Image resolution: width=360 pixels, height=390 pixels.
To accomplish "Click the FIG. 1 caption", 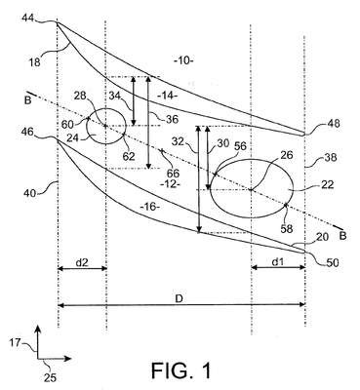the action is pos(181,370).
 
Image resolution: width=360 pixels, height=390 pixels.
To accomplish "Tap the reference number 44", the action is pos(28,19).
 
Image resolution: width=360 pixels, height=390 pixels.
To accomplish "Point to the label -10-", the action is pos(183,60).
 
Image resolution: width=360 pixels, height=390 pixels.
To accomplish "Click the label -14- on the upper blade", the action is pos(167,96).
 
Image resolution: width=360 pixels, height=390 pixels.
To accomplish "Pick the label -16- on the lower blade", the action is pos(151,207).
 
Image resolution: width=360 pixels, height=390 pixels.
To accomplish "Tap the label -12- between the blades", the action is pos(170,183).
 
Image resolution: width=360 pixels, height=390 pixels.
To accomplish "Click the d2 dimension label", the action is pos(82,262).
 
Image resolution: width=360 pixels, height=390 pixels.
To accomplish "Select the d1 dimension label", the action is pos(278,261).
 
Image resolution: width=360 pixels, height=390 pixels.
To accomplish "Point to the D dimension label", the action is pos(179,299).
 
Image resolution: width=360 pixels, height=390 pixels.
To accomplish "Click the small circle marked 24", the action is pos(106,126).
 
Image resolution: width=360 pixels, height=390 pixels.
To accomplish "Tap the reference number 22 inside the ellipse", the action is pos(328,184).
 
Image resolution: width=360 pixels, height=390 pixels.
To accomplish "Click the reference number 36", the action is pos(173,119).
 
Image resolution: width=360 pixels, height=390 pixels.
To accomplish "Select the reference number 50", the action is pos(333,262).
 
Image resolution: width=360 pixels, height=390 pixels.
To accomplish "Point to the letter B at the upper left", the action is pos(27,100).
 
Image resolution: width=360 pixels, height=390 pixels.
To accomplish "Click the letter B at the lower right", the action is pos(343,236).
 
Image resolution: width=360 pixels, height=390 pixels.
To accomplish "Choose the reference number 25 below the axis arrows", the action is pos(50,377).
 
